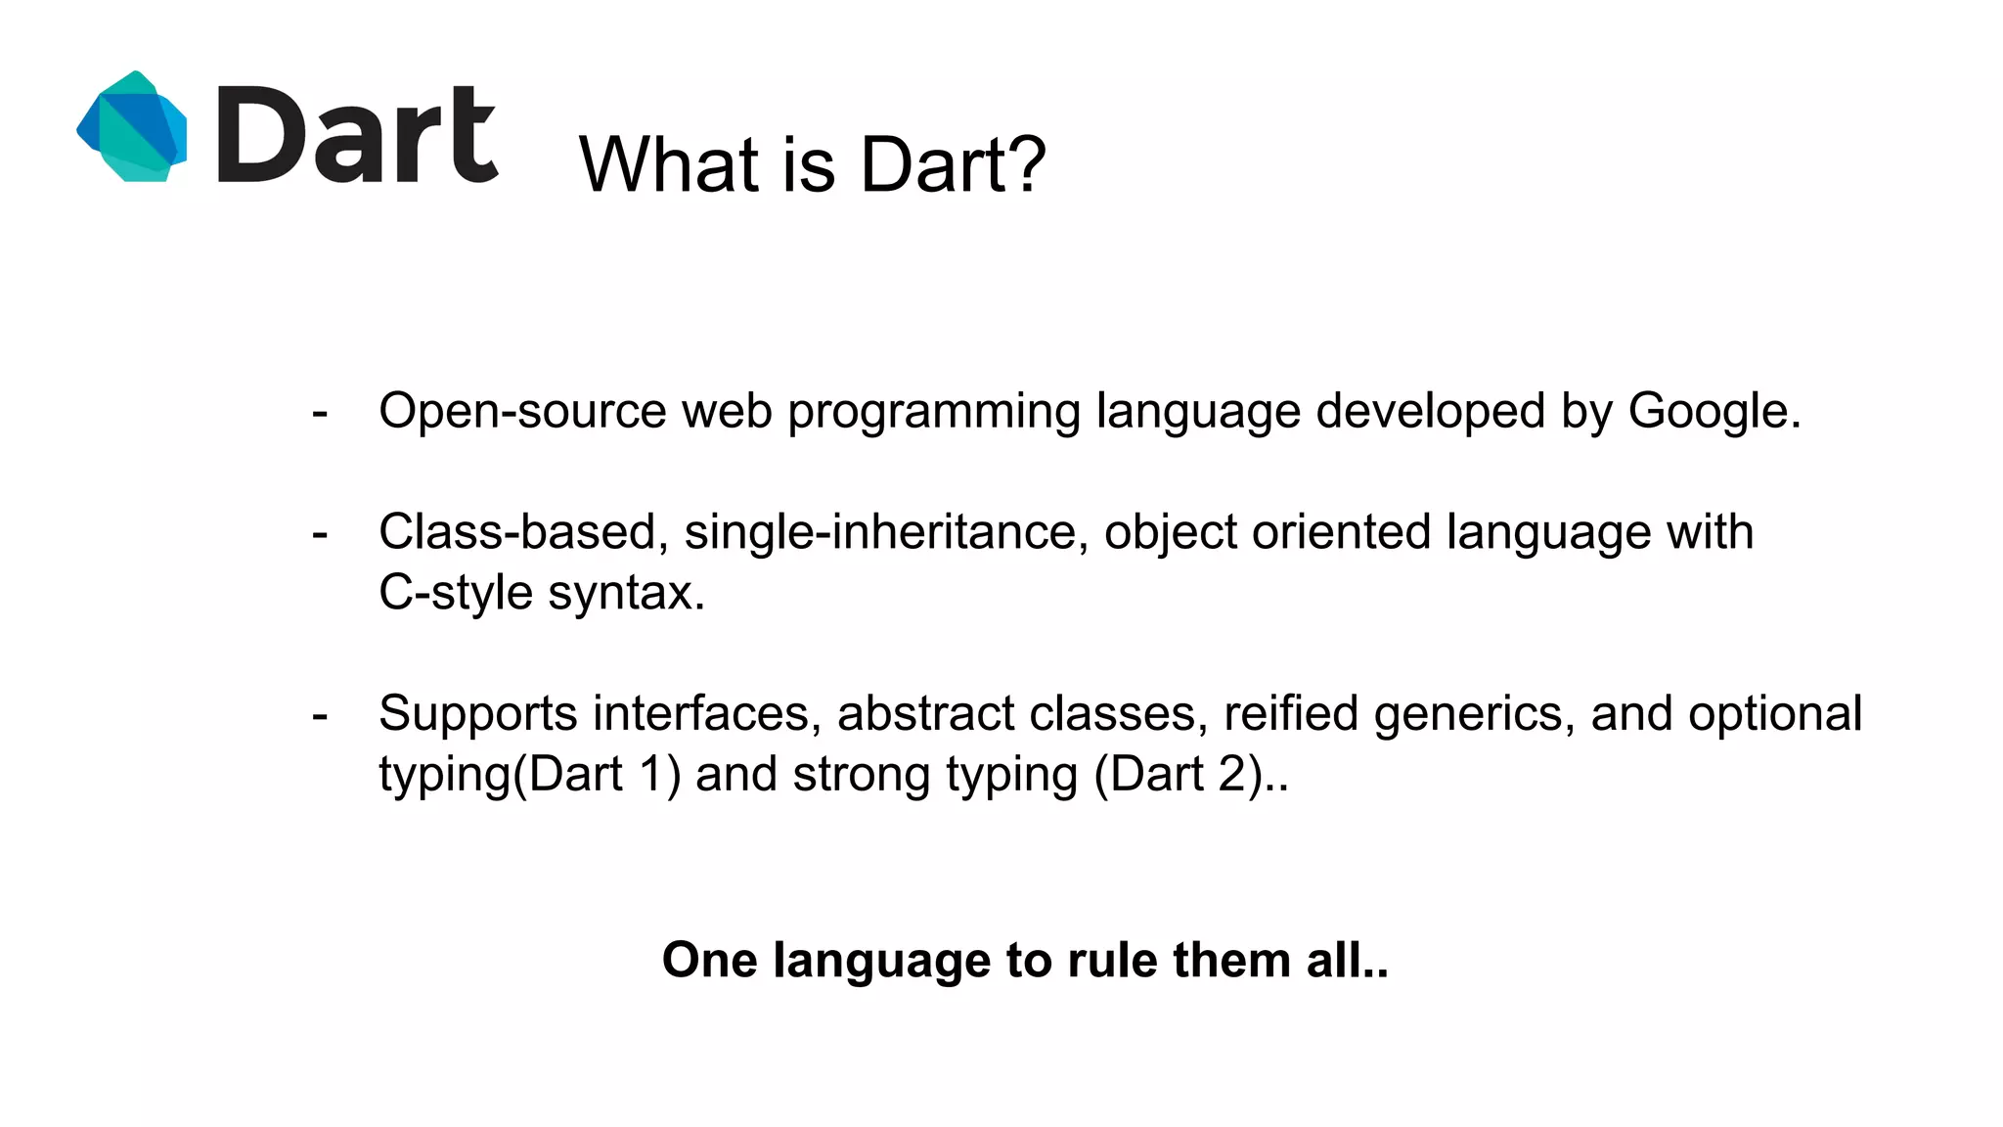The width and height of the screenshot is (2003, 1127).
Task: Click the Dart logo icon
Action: click(132, 126)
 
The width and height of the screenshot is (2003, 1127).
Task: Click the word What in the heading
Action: click(669, 163)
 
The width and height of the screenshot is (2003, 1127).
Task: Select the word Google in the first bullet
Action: click(1707, 411)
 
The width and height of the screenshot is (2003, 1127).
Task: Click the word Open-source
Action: click(522, 411)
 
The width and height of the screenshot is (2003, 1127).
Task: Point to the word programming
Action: click(933, 413)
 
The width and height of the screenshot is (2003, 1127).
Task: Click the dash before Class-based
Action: click(319, 534)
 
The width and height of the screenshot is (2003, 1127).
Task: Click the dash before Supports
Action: click(319, 716)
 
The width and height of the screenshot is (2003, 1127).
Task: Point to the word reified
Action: click(1290, 713)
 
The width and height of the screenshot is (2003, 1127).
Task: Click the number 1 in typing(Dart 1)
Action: click(651, 775)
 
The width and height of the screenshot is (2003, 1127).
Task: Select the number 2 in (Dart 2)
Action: click(1232, 775)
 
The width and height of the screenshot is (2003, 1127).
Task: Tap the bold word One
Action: click(709, 960)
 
